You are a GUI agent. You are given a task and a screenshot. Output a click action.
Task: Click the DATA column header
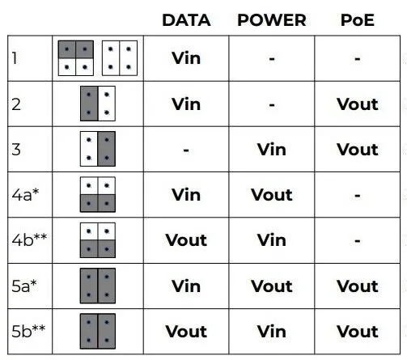pos(186,20)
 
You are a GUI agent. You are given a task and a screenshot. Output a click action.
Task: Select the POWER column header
pos(272,20)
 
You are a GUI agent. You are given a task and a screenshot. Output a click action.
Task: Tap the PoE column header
pos(358,20)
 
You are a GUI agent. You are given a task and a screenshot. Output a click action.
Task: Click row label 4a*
pos(25,195)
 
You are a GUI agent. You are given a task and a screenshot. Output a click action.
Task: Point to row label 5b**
pos(28,331)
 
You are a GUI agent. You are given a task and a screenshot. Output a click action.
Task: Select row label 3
pos(16,150)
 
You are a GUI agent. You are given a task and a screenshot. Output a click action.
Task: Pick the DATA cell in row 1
pos(186,58)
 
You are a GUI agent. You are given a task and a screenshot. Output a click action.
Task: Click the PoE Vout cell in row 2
pos(358,104)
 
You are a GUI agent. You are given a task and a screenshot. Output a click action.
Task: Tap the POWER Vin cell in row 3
pos(272,150)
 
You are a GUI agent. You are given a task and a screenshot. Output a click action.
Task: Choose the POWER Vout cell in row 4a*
pos(272,195)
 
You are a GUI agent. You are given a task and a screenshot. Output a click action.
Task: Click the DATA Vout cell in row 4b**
pos(186,240)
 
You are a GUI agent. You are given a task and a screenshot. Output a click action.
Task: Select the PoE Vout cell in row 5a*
pos(358,286)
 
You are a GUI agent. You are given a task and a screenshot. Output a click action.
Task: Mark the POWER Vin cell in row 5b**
pos(272,332)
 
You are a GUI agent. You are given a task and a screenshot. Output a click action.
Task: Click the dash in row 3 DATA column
pos(186,150)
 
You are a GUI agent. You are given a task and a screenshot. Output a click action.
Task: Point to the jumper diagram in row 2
pos(98,104)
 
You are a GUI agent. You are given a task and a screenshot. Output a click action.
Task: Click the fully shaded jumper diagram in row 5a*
pos(98,286)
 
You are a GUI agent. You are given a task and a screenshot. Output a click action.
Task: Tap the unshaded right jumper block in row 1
pos(120,58)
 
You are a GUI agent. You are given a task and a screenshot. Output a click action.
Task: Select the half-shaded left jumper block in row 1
pos(76,58)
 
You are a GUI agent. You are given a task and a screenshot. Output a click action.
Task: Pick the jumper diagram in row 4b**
pos(98,240)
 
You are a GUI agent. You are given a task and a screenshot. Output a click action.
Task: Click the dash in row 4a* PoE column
pos(358,196)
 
